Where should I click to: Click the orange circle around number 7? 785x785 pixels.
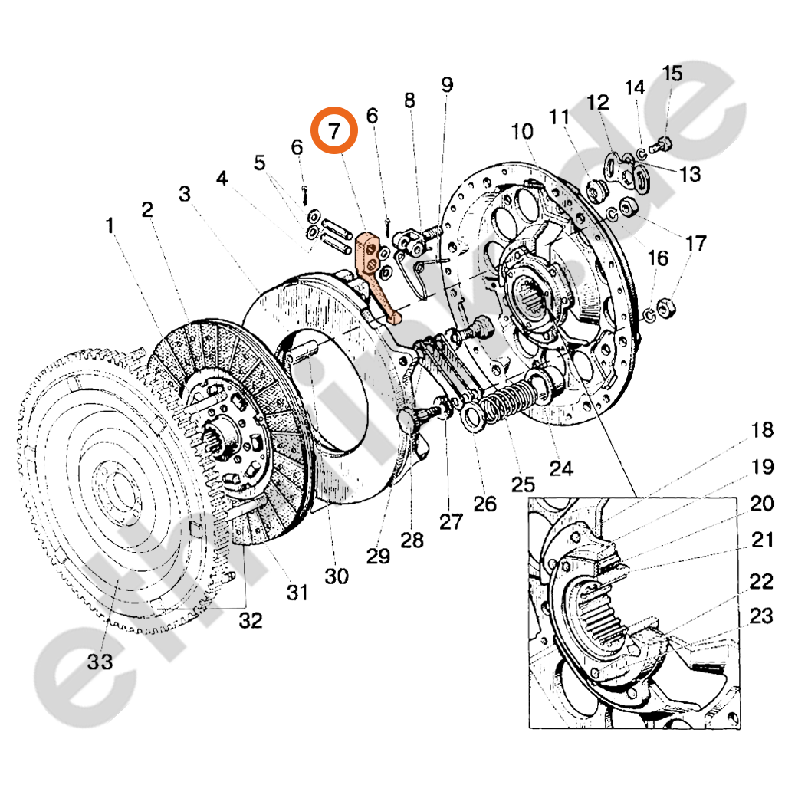pos(334,131)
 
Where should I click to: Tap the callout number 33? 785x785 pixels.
pos(100,661)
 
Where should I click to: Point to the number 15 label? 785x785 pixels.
pos(672,74)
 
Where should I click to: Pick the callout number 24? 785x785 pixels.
pos(561,467)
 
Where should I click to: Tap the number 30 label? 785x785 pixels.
pos(337,576)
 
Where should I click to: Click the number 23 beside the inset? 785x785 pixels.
pos(762,617)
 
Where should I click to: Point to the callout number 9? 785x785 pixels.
pos(447,85)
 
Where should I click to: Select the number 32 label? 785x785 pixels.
pos(250,621)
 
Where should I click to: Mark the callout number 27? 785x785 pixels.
pos(451,522)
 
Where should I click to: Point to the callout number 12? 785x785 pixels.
pos(598,102)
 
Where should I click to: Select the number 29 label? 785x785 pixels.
pos(377,556)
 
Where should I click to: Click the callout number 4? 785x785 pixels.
pos(222,179)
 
